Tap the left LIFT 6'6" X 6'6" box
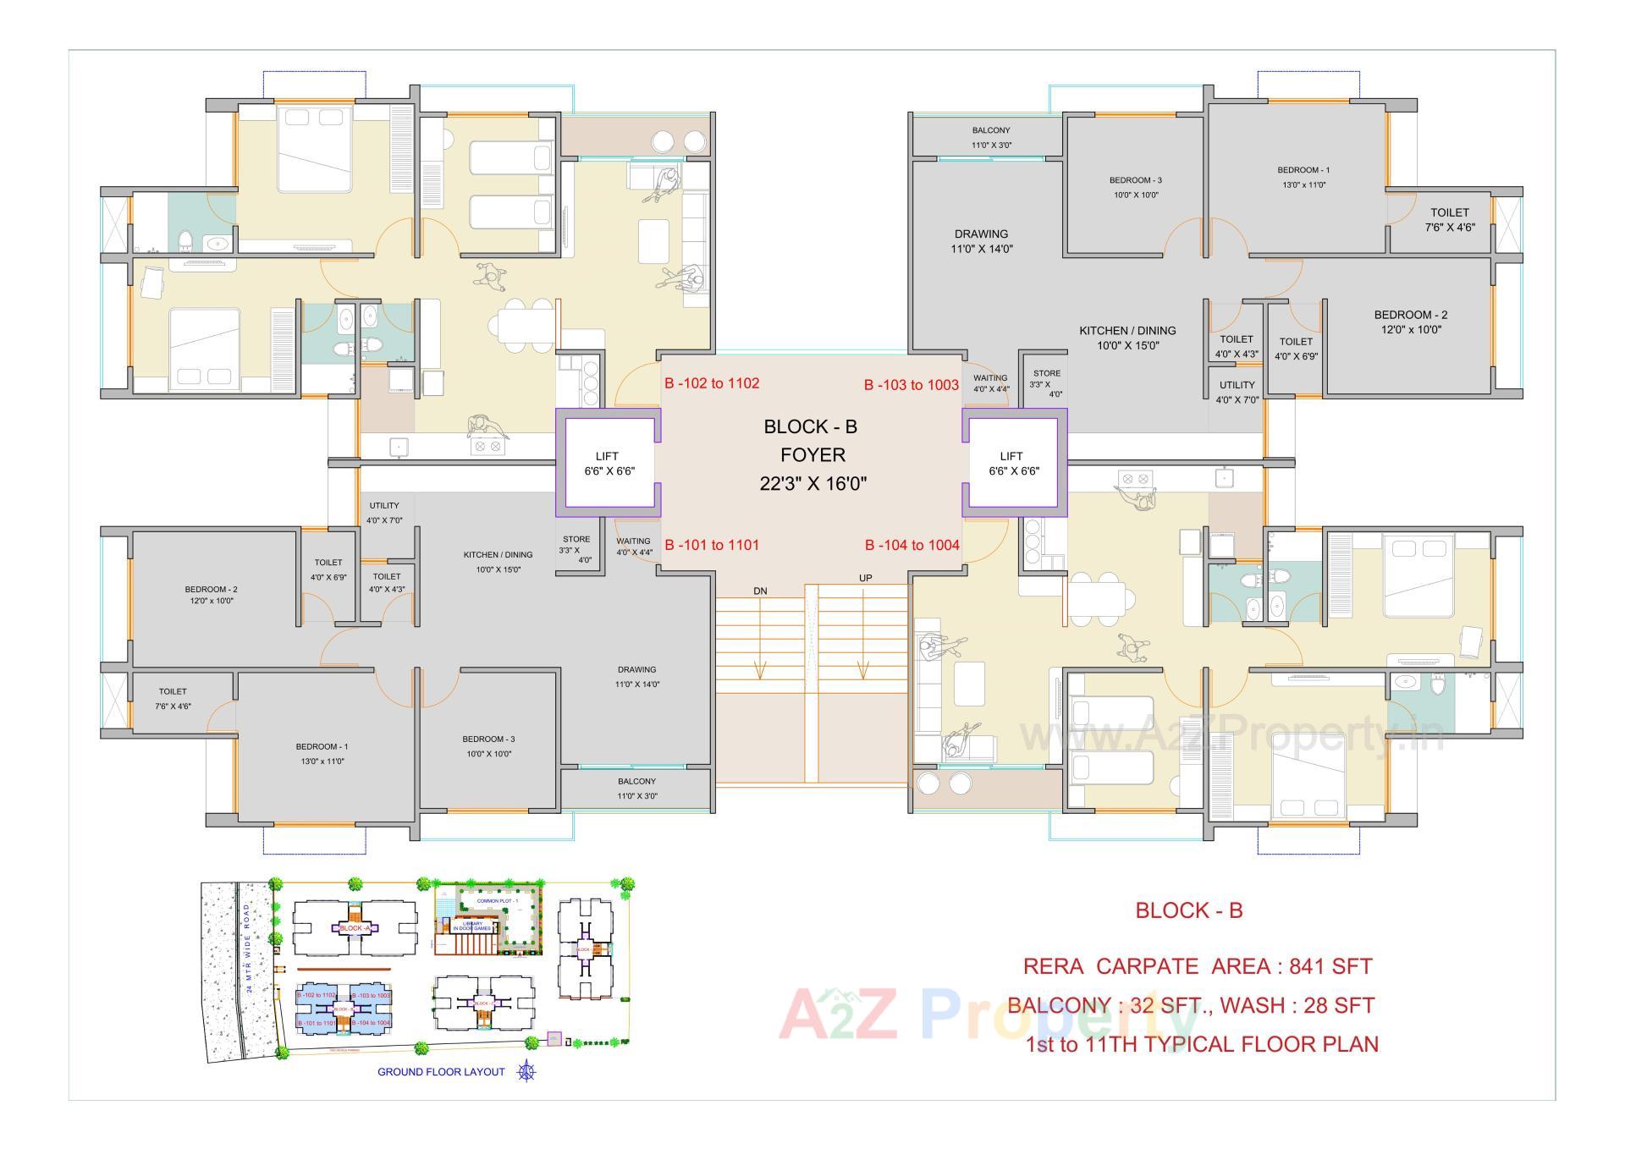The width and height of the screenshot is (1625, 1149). tap(608, 464)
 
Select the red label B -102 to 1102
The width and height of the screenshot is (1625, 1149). tap(712, 383)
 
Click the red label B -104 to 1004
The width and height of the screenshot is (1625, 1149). tap(912, 545)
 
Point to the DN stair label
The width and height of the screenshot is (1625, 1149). tap(760, 591)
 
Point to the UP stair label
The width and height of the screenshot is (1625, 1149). tap(865, 578)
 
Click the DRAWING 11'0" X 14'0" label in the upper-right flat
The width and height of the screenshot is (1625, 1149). tap(982, 241)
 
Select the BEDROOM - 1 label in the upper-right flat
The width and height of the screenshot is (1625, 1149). tap(1303, 177)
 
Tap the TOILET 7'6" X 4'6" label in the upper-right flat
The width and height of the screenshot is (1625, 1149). tap(1450, 219)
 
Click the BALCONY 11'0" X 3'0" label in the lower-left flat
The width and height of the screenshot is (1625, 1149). tap(636, 788)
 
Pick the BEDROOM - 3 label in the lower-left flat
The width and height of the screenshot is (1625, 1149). tap(488, 745)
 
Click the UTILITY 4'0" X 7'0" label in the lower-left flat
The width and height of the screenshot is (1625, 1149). tap(384, 513)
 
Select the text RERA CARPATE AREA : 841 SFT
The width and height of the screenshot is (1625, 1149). tap(1197, 966)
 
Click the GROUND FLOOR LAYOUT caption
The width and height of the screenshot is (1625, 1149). tap(441, 1072)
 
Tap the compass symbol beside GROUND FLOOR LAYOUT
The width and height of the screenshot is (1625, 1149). tap(526, 1071)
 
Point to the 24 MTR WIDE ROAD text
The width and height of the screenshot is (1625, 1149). tap(247, 940)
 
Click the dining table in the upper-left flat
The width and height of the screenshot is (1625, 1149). tap(526, 325)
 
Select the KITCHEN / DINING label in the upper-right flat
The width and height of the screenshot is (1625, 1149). tap(1126, 338)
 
